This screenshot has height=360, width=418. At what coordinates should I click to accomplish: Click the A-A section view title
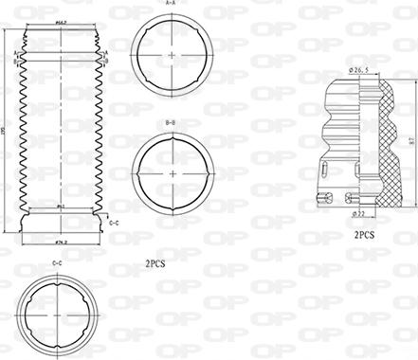coord(171,4)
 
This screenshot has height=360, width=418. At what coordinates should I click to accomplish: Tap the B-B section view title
coord(171,122)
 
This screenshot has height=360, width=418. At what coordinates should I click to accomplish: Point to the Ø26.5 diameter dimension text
coord(358,69)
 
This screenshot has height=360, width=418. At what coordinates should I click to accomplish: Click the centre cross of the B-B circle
coord(171,172)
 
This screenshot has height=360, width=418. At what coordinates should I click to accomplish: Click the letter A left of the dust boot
coord(15,53)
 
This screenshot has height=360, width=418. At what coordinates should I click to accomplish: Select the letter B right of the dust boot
coord(107,61)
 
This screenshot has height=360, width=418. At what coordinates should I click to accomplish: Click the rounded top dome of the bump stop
coord(347,90)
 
